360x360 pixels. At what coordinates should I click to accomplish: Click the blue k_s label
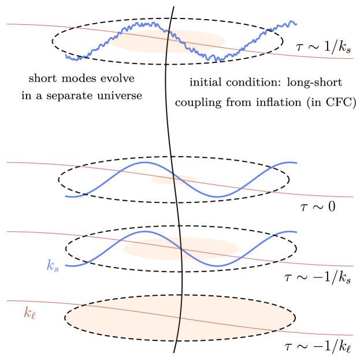click(53, 265)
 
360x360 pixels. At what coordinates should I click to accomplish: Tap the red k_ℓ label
click(29, 313)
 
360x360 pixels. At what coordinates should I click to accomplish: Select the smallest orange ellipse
click(173, 180)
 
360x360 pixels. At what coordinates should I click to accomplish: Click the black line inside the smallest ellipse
click(173, 179)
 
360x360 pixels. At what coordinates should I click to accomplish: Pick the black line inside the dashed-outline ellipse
click(180, 318)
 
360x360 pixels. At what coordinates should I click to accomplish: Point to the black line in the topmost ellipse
click(168, 42)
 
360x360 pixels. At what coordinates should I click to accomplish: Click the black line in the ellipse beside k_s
click(181, 248)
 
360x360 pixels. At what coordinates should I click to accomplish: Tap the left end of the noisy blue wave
click(66, 56)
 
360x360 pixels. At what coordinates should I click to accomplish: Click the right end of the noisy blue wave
click(296, 24)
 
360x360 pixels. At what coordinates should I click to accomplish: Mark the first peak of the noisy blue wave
click(142, 24)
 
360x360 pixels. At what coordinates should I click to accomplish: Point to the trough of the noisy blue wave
click(217, 58)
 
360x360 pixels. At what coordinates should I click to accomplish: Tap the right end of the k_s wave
click(297, 232)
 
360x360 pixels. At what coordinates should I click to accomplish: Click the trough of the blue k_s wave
click(218, 266)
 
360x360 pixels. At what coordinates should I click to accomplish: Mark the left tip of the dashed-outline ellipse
click(66, 318)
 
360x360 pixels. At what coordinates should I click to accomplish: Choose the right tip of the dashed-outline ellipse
click(294, 317)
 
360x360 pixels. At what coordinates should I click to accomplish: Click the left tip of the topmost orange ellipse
click(110, 42)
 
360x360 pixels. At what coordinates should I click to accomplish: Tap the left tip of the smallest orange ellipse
click(150, 180)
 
